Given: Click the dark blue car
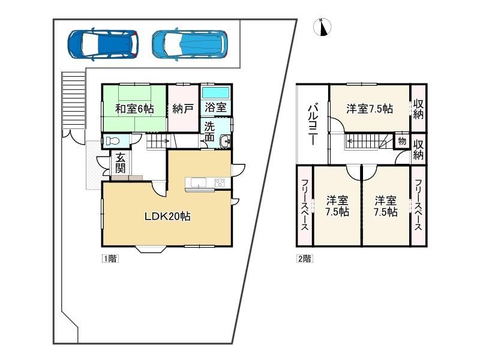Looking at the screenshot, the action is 103,44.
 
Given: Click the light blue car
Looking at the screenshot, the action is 190,44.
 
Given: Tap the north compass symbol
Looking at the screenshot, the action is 322,27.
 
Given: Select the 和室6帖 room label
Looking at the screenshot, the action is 134,109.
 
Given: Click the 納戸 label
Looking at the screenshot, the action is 183,109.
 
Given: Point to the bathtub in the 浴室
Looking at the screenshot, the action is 216,92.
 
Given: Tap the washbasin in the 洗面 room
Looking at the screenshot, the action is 226,141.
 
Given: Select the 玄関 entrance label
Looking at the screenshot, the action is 121,162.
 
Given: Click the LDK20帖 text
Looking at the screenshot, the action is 167,217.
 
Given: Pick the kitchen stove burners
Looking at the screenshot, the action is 220,183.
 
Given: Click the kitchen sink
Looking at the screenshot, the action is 199,183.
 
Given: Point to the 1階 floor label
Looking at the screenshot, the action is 110,259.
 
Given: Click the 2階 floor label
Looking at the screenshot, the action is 305,259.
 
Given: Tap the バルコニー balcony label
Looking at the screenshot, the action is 313,124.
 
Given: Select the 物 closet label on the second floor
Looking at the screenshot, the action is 402,141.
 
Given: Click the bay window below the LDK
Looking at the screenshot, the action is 151,249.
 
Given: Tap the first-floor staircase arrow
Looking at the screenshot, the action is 158,141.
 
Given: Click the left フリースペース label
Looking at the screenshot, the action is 305,205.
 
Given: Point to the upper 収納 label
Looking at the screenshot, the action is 418,109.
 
